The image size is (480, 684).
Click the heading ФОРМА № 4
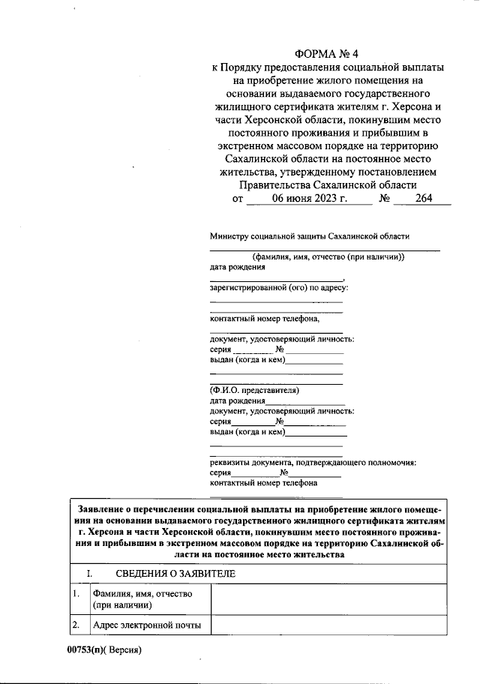328,54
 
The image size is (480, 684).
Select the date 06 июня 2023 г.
309,199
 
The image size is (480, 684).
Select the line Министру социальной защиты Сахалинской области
310,235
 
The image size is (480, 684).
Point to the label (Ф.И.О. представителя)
254,391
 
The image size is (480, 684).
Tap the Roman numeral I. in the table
89,574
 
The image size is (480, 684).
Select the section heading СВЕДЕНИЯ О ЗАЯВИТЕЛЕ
175,574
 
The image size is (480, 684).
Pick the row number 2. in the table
76,624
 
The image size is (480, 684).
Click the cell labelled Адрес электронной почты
146,624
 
